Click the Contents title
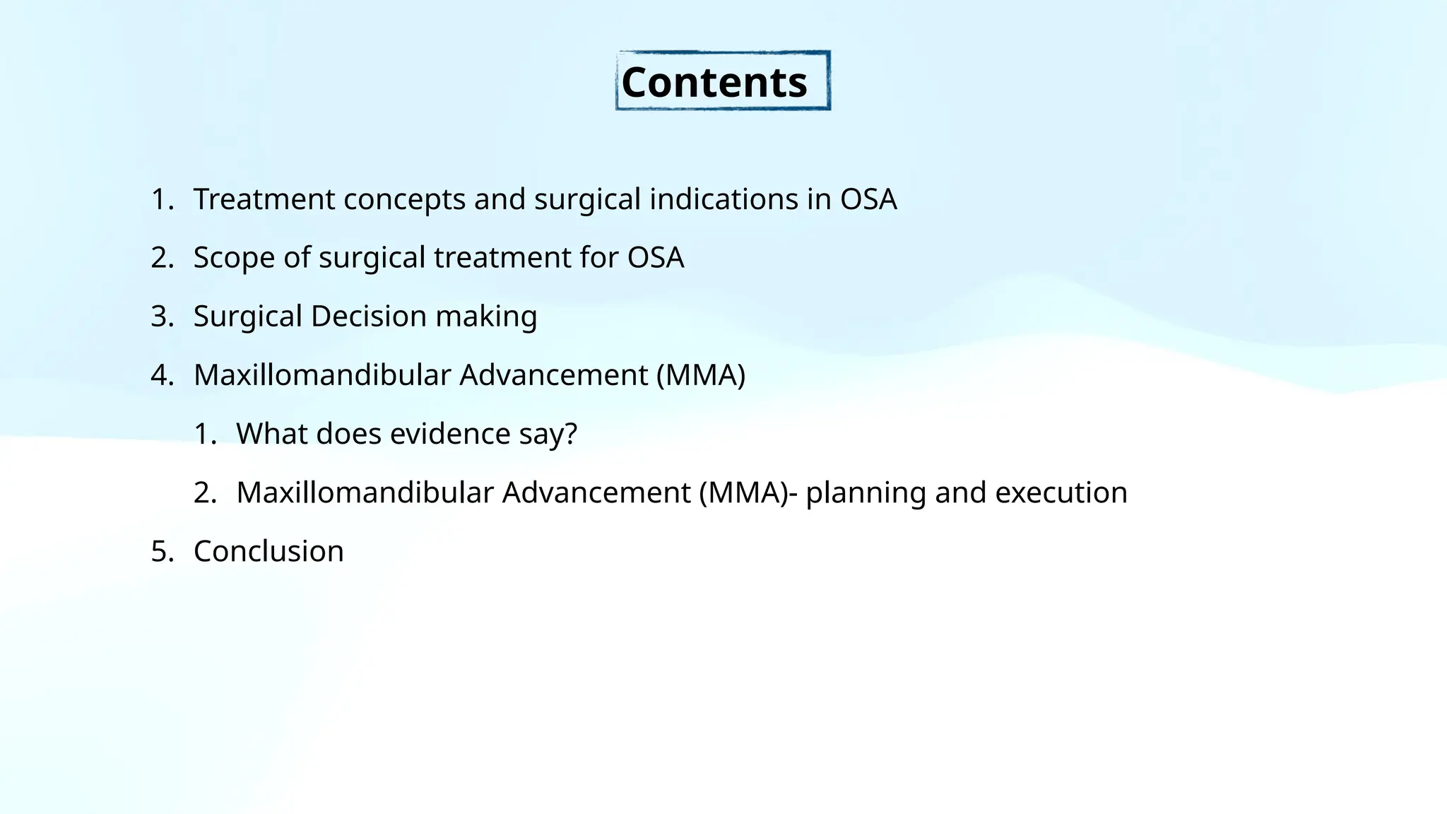(714, 83)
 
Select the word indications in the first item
(723, 199)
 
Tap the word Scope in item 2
(234, 258)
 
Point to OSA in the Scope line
(656, 258)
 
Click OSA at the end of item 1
(868, 199)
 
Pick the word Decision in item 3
(368, 317)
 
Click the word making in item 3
(486, 317)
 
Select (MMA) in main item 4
(700, 375)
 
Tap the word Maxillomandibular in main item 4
(321, 375)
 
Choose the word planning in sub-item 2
(866, 492)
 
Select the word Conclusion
(268, 551)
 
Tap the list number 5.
(162, 551)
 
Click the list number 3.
(162, 317)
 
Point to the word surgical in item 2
(372, 258)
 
